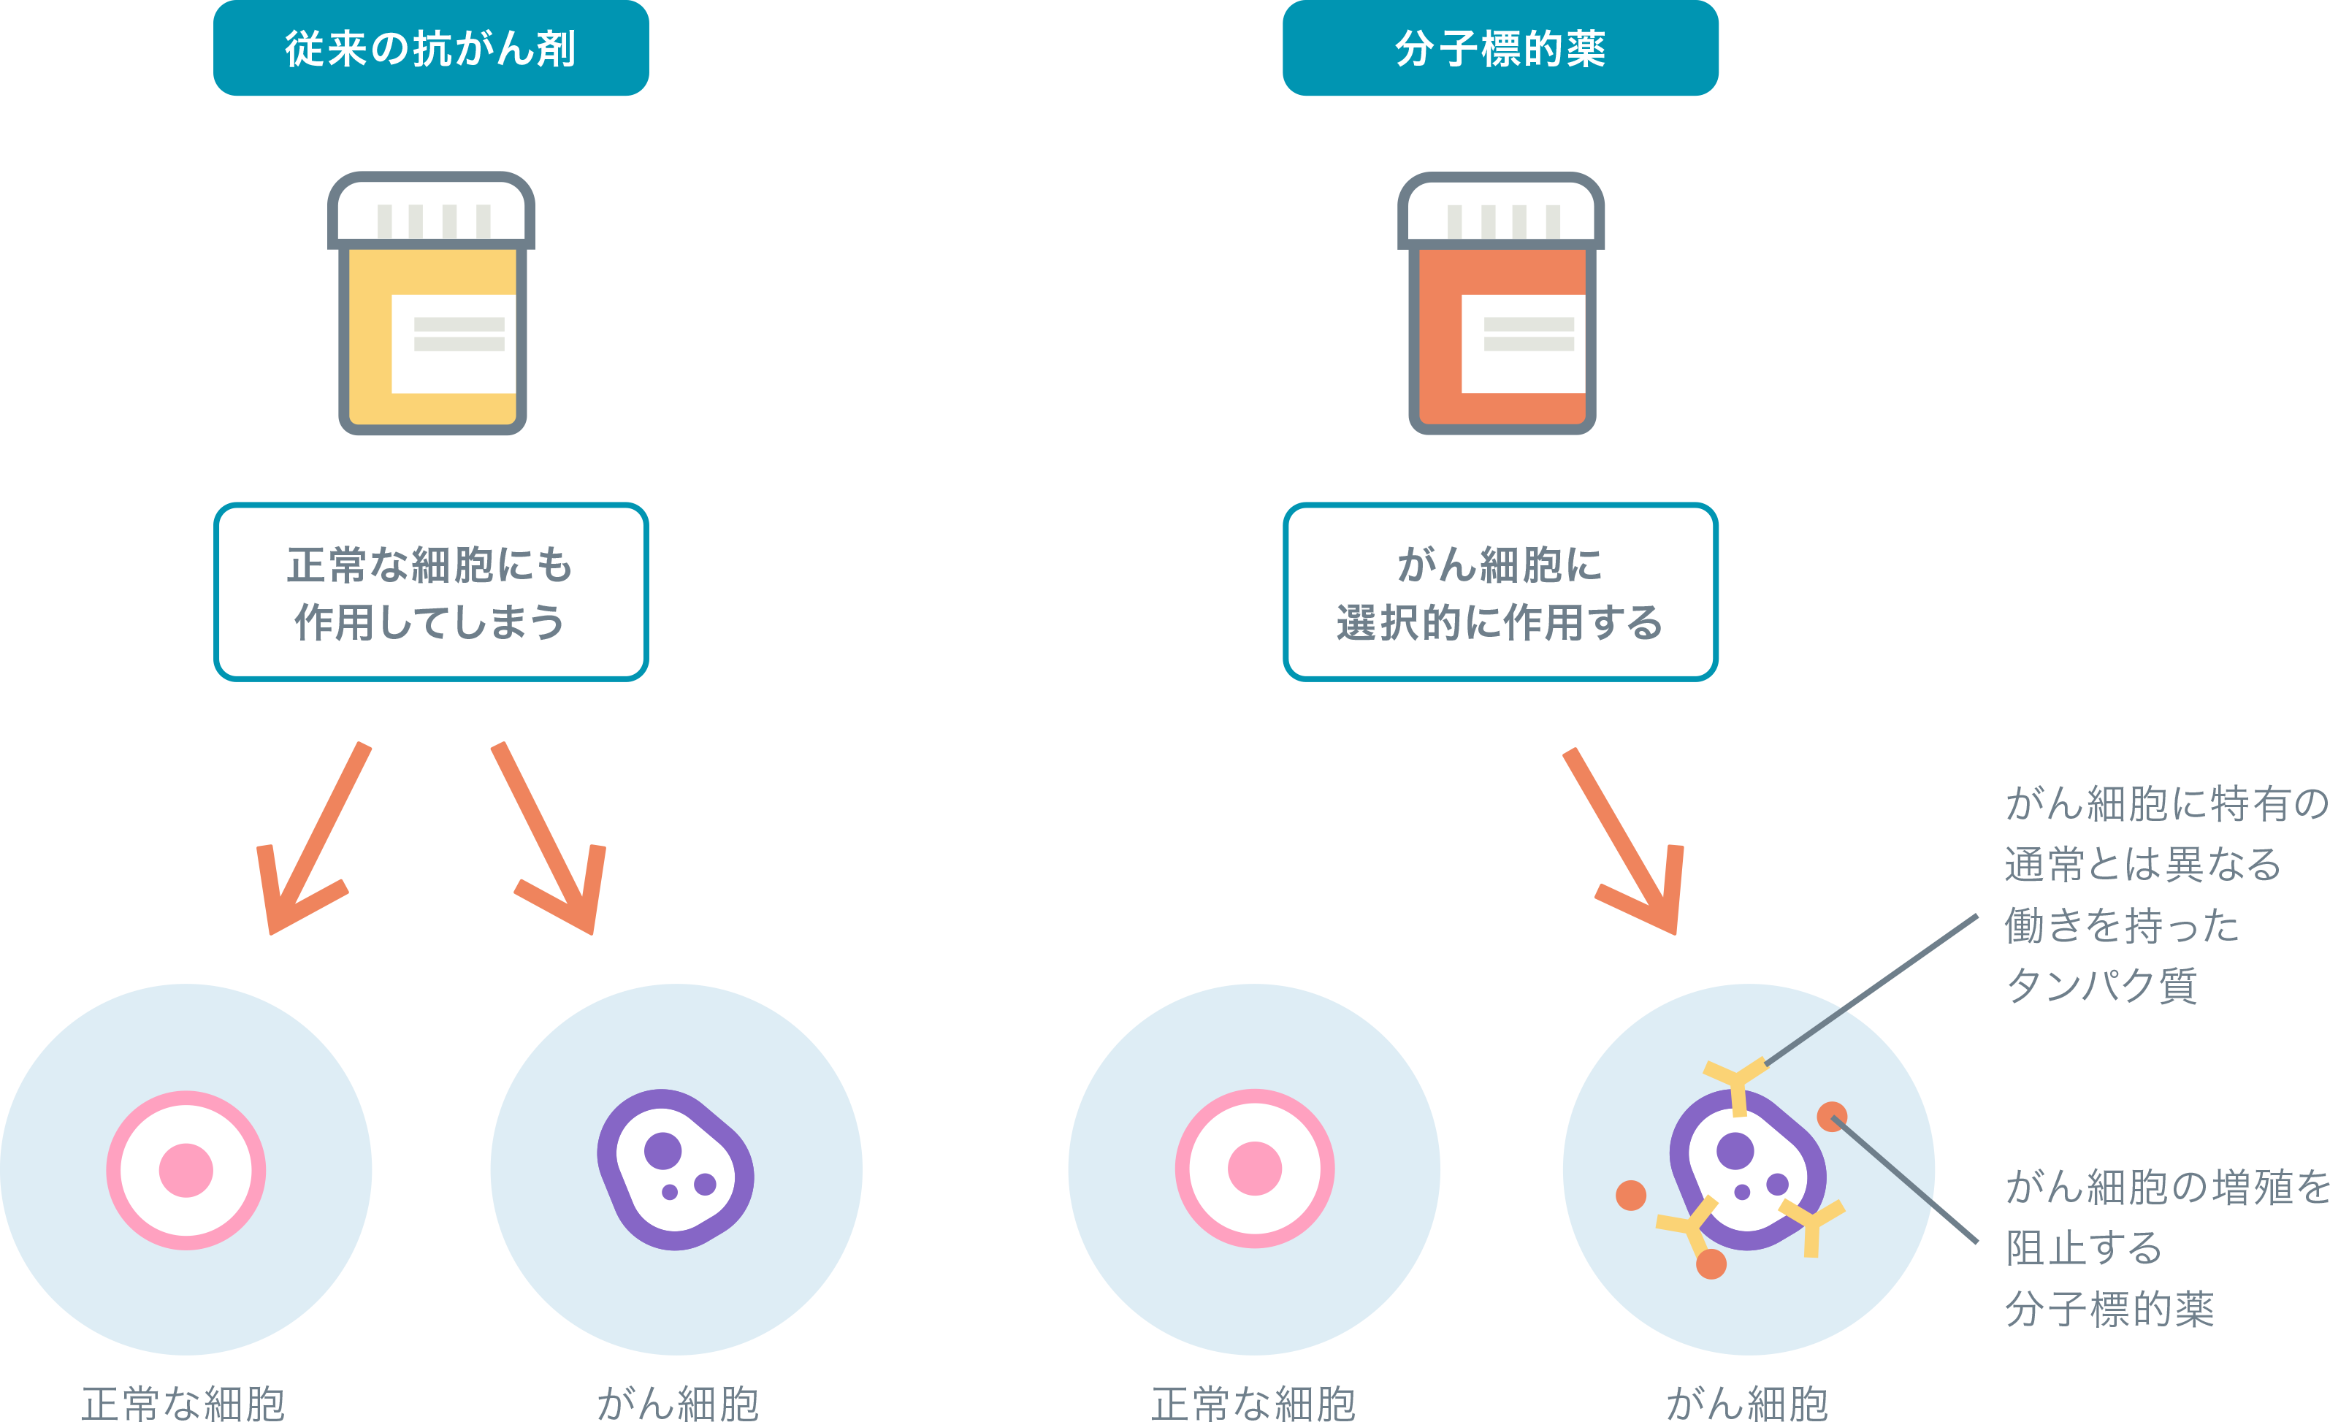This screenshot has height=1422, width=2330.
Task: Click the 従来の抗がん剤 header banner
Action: (x=430, y=48)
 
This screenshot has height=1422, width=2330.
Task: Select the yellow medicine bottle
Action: (x=431, y=312)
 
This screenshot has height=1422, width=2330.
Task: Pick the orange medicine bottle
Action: (x=1501, y=312)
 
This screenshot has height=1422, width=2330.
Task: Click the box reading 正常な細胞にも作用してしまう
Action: (x=430, y=592)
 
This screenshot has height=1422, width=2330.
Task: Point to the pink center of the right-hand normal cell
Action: (x=1255, y=1169)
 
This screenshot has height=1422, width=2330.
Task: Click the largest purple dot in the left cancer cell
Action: (x=663, y=1150)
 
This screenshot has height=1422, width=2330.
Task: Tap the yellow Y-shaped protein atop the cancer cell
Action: (x=1736, y=1082)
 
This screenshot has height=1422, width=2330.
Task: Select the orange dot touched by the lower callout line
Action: (x=1832, y=1117)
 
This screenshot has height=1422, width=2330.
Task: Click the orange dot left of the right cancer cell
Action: (x=1631, y=1195)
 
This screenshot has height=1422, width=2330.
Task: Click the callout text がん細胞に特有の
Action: (x=2166, y=803)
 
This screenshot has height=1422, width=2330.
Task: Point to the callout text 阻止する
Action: (x=2084, y=1248)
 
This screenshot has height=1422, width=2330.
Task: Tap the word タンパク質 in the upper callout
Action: (x=2101, y=985)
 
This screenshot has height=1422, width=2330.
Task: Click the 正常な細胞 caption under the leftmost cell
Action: (x=183, y=1402)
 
